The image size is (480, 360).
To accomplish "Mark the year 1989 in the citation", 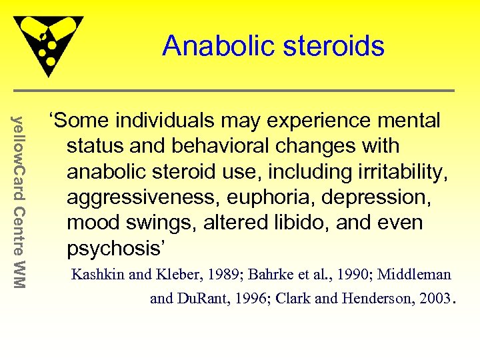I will pos(234,274).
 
